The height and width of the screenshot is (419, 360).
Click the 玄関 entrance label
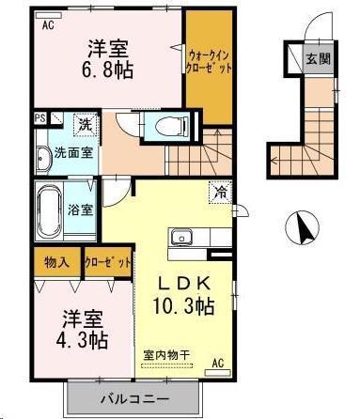point(319,58)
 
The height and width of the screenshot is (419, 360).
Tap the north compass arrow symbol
point(302,227)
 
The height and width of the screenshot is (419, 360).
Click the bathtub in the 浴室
point(50,210)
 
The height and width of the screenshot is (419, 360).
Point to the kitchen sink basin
point(181,237)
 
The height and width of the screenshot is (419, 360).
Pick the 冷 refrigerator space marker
point(221,193)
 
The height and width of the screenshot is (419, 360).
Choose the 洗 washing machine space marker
point(86,125)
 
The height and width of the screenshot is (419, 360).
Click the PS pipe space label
point(40,118)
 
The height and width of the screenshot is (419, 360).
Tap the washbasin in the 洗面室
point(43,159)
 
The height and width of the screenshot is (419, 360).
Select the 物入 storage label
point(56,262)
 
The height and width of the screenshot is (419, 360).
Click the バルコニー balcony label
point(134,399)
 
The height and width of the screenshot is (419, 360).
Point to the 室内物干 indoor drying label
point(166,355)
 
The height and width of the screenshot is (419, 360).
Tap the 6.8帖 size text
point(108,70)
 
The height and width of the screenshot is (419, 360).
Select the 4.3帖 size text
point(82,340)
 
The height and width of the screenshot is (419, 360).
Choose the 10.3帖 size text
point(184,305)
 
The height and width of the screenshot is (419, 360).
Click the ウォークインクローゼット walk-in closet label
point(209,62)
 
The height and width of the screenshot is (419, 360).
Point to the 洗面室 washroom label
point(74,152)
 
